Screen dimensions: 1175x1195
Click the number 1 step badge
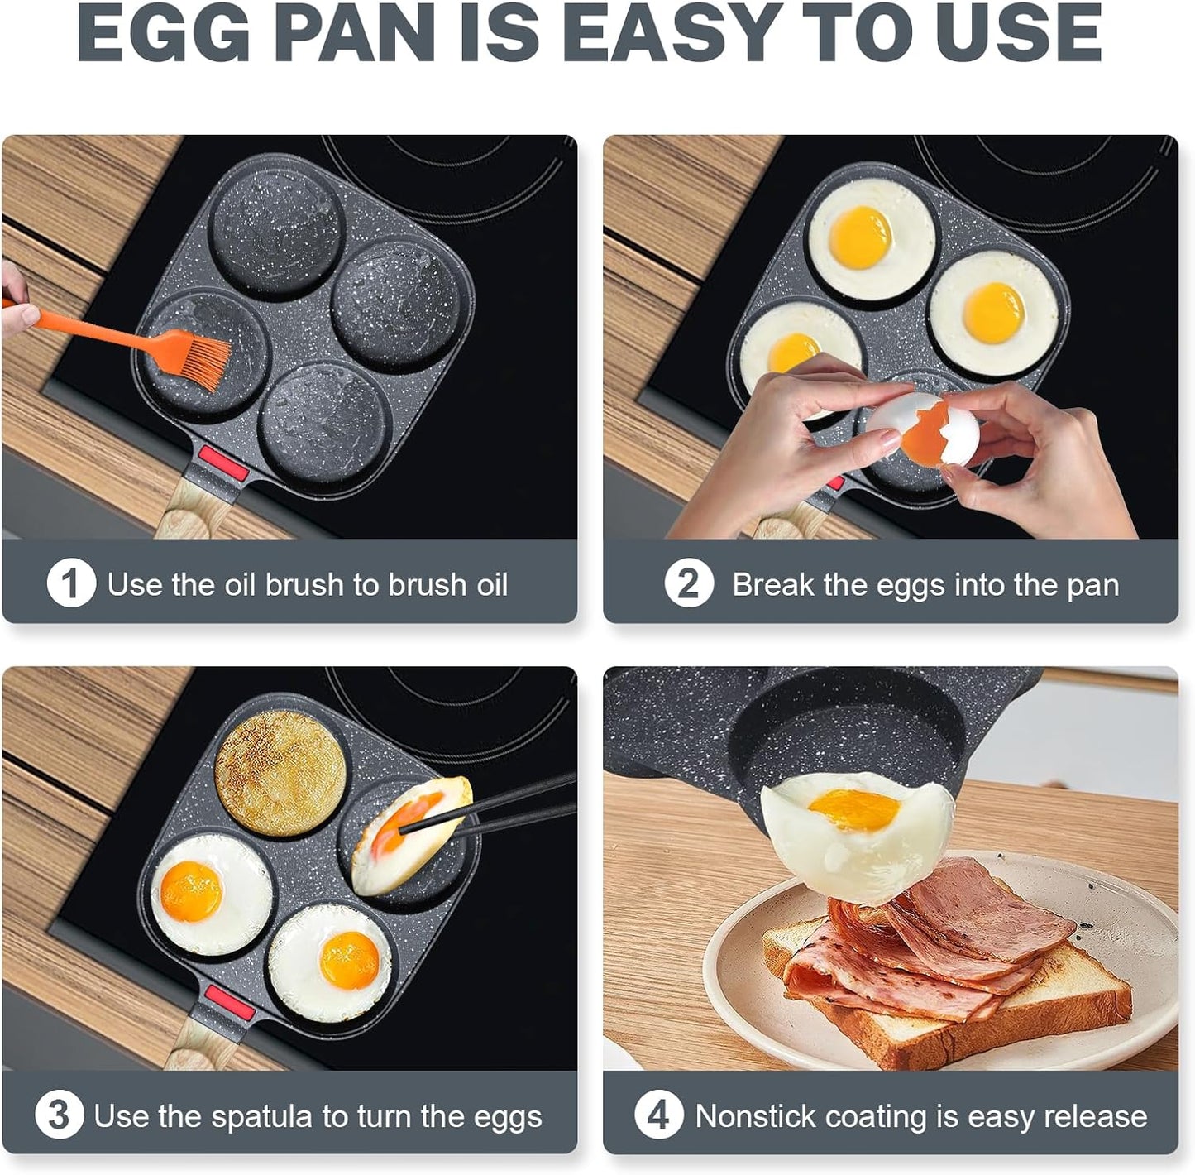click(x=70, y=583)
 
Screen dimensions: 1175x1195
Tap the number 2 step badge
click(x=688, y=583)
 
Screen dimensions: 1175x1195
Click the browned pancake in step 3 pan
click(x=280, y=773)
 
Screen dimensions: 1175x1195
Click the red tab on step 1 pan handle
click(x=221, y=465)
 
